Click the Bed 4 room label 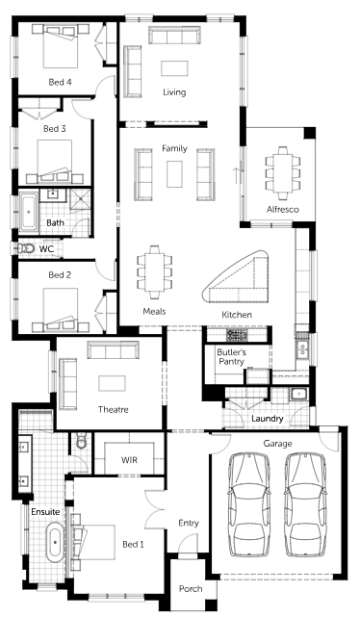point(61,82)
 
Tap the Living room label point(174,92)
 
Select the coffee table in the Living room point(174,68)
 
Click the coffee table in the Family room point(174,174)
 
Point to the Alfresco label point(283,209)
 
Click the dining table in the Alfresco point(283,172)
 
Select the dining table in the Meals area point(155,271)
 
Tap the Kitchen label point(237,315)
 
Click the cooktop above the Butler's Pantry point(237,335)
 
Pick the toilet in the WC point(27,248)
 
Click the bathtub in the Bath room point(28,212)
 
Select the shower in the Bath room point(80,200)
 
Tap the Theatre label point(114,410)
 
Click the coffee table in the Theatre point(112,383)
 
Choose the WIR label point(129,459)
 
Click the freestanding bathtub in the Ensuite point(55,542)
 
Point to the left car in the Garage point(249,505)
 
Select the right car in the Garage point(306,505)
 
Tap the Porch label point(191,589)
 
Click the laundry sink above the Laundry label point(297,395)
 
